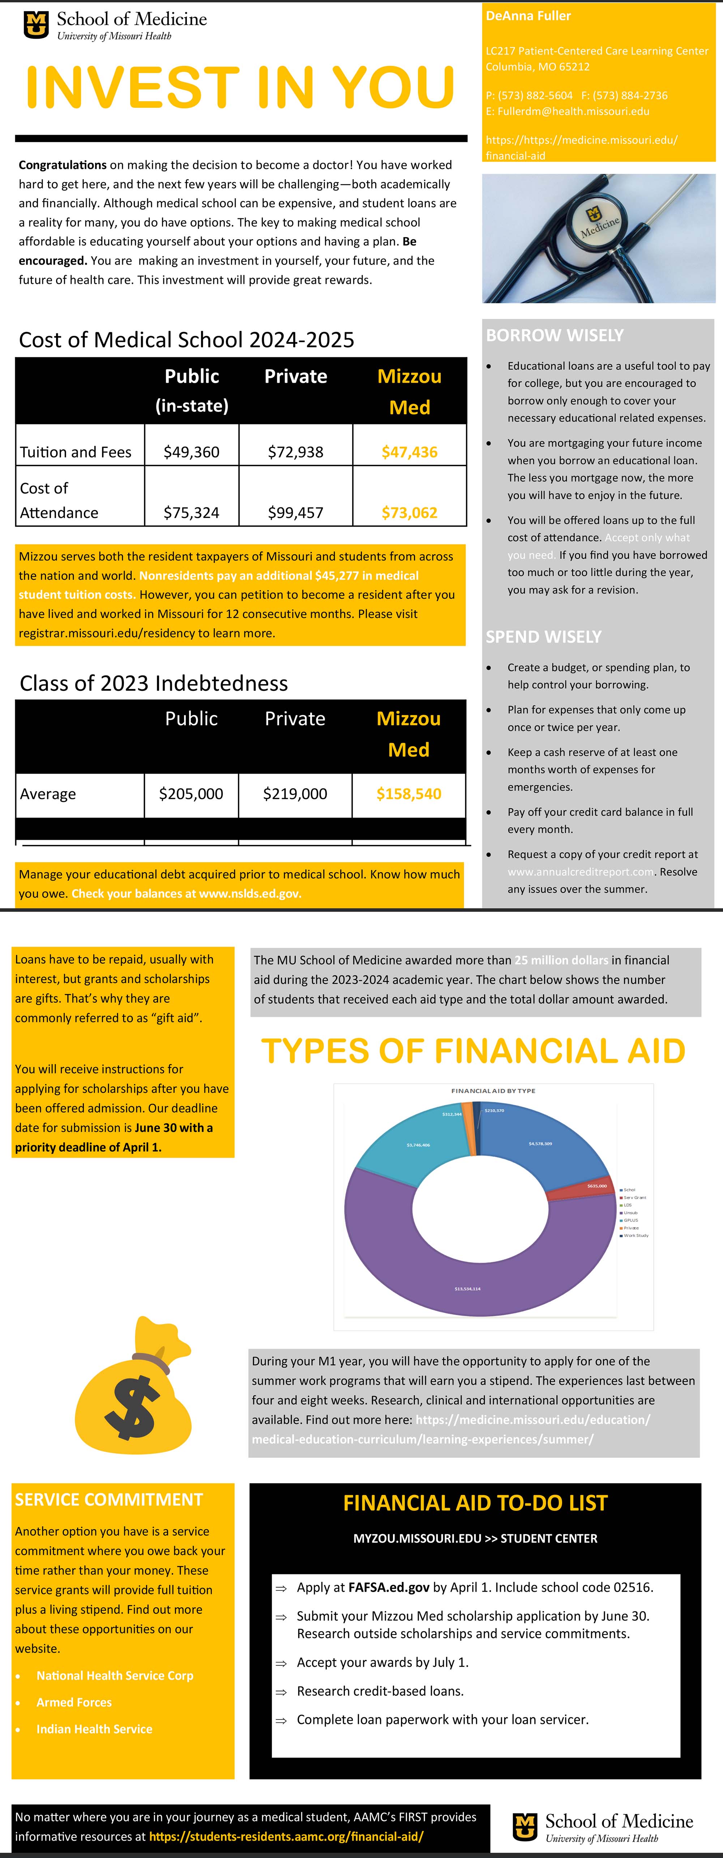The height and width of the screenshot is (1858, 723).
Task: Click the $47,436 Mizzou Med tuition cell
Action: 409,452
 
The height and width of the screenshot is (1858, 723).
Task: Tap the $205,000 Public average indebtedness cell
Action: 191,794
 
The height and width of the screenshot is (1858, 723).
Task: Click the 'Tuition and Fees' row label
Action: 76,452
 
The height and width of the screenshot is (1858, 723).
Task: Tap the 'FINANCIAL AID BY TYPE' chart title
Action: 493,1091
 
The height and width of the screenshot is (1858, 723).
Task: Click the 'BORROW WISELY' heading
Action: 554,335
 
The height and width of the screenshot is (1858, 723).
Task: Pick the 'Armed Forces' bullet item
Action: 74,1702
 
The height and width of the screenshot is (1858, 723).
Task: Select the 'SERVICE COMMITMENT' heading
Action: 109,1499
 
